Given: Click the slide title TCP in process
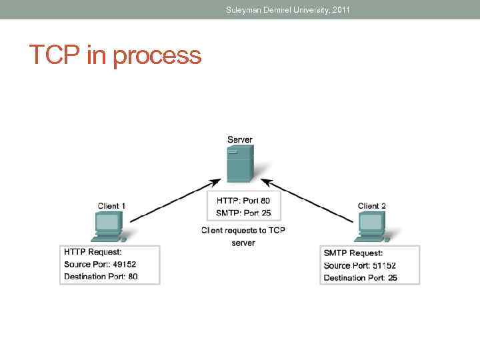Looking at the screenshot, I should tap(115, 55).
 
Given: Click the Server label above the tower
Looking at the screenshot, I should tap(240, 139).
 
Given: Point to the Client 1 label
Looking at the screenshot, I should tap(111, 206).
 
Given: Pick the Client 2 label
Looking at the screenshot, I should tap(372, 206).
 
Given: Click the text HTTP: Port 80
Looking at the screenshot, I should tap(243, 201).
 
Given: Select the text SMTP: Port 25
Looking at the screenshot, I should tap(243, 213).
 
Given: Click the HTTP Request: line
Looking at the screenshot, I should tap(93, 253).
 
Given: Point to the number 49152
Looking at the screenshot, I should tap(124, 265).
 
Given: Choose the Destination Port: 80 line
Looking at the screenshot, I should tap(101, 277).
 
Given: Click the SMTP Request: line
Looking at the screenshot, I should tap(353, 253).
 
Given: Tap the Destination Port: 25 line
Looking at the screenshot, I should tap(360, 277).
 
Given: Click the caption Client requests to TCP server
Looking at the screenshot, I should tap(243, 236).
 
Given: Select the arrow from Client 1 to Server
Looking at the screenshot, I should tap(175, 198).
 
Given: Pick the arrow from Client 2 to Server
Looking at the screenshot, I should tap(307, 198).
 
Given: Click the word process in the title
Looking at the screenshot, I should tap(157, 56).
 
